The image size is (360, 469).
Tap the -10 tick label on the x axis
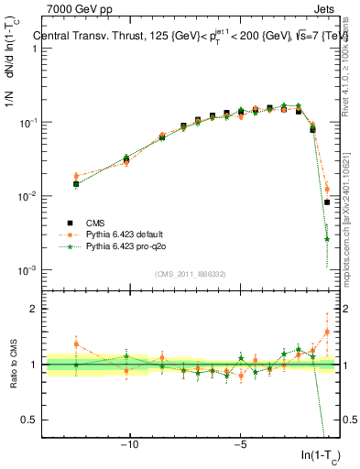pyautogui.click(x=130, y=446)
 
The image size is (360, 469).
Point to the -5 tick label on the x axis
pyautogui.click(x=240, y=446)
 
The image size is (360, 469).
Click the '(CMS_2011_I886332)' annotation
pyautogui.click(x=191, y=273)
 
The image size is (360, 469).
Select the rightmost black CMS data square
pyautogui.click(x=327, y=202)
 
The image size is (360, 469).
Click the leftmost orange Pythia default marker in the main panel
pyautogui.click(x=76, y=176)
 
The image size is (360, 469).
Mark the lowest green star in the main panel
pyautogui.click(x=327, y=239)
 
